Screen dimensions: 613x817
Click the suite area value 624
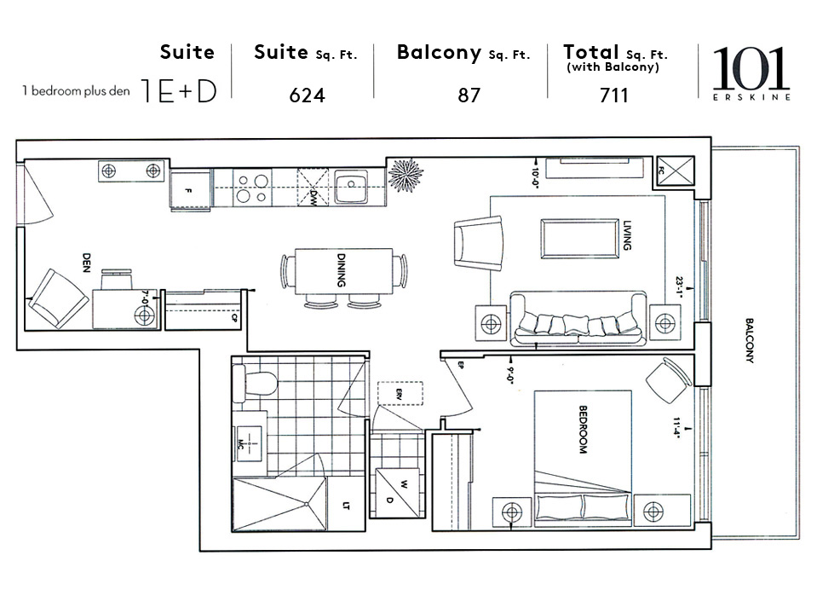(x=307, y=95)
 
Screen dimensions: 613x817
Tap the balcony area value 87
(x=469, y=95)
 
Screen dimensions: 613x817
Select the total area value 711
(x=613, y=95)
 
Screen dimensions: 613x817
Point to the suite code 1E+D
(x=180, y=91)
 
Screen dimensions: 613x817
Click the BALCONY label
(x=750, y=341)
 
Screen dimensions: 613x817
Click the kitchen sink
(x=350, y=188)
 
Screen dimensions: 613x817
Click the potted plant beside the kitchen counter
(x=405, y=175)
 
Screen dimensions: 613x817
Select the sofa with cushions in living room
(x=577, y=320)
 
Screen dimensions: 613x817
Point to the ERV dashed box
(x=400, y=392)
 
